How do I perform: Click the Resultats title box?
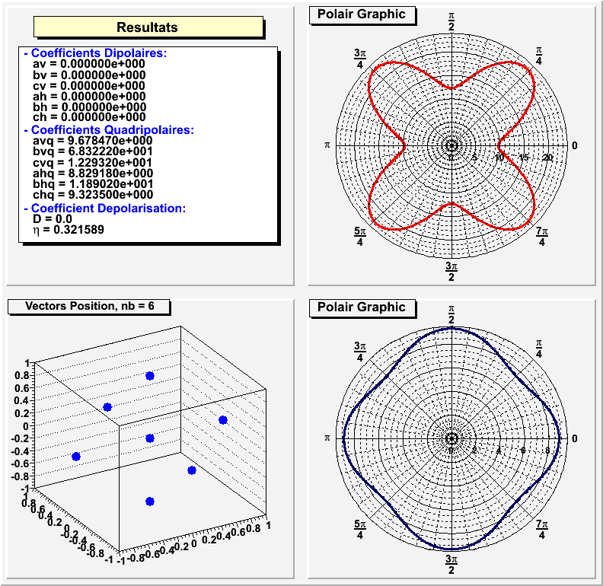point(148,27)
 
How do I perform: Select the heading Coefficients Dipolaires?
point(95,53)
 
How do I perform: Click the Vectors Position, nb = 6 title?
point(88,307)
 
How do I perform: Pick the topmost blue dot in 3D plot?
point(150,376)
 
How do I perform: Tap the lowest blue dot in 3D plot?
point(150,501)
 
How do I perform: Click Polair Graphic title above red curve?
point(362,14)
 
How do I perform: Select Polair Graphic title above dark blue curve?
point(362,307)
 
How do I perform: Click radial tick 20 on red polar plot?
point(547,158)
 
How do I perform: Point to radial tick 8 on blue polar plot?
point(547,451)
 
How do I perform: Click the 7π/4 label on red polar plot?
point(541,236)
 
